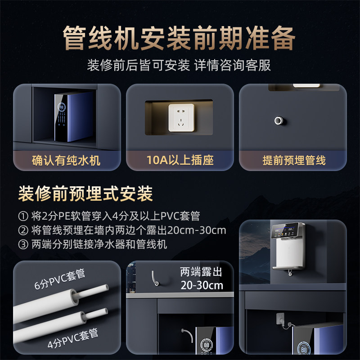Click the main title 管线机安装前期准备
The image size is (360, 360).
179,38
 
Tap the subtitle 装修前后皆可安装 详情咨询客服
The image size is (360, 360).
179,65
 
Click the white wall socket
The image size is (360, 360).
181,118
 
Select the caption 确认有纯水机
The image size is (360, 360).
66,160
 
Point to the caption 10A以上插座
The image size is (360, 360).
180,160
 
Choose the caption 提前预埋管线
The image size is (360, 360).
294,160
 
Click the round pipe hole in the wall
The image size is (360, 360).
279,120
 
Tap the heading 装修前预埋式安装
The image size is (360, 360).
85,193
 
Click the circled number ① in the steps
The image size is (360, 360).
23,216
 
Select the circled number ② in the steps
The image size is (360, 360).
23,230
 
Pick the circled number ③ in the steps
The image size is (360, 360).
23,244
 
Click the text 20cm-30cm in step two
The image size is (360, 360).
197,230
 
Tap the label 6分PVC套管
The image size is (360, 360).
60,279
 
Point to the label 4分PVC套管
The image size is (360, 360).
73,338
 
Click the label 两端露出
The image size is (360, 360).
201,272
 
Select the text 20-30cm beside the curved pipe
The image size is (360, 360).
202,286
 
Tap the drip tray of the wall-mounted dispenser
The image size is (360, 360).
288,267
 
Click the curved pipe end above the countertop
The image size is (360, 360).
154,279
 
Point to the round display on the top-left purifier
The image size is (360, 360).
62,107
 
